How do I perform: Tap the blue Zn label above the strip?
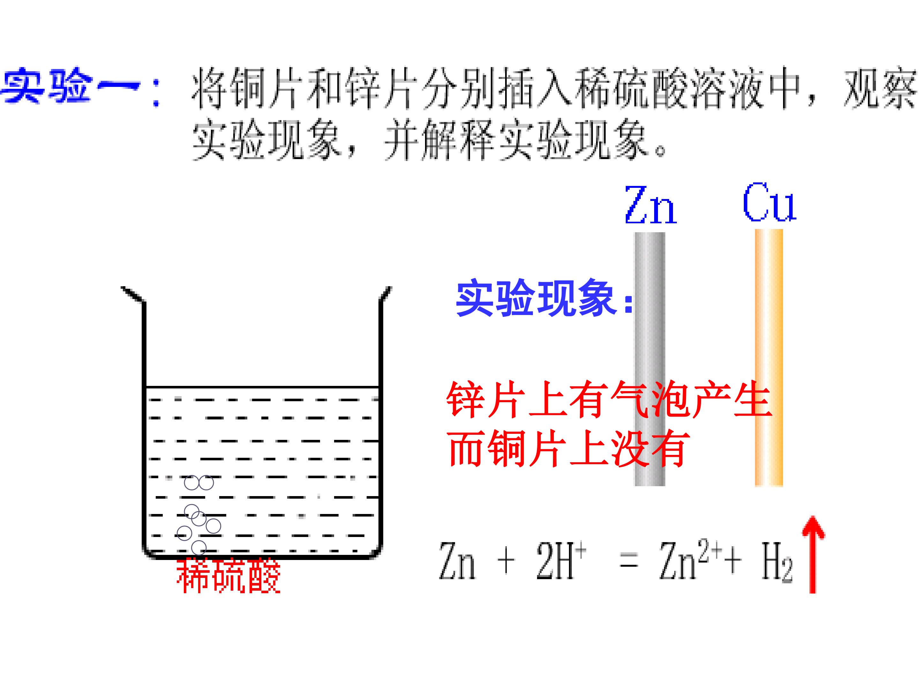(x=651, y=205)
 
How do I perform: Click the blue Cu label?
(x=769, y=202)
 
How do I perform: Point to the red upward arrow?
(x=813, y=554)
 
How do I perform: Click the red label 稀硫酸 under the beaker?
(x=229, y=576)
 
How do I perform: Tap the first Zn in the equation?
(x=457, y=561)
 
